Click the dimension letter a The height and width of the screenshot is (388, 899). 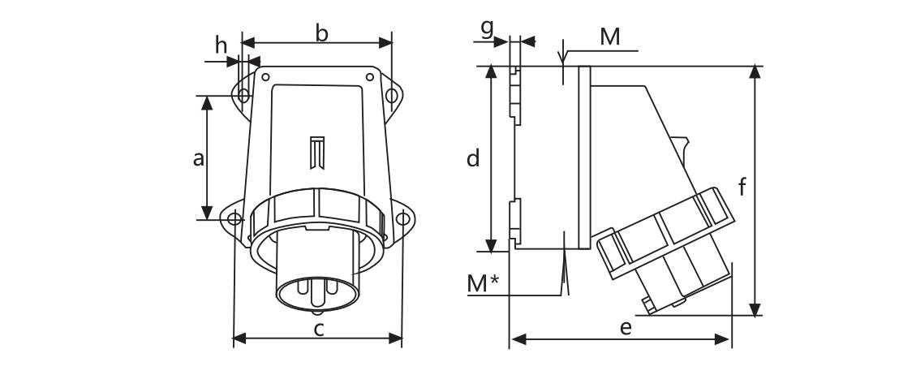[x=198, y=159]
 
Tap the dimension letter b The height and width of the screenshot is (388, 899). [x=322, y=35]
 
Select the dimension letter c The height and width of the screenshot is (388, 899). [x=320, y=329]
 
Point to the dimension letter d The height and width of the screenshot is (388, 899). [x=474, y=158]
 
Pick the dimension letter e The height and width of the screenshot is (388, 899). [x=625, y=327]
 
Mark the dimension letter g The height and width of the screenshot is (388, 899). [x=487, y=28]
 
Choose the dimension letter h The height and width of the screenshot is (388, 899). [x=222, y=46]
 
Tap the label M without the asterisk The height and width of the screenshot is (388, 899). [x=609, y=37]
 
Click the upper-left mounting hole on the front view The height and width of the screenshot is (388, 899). [x=243, y=96]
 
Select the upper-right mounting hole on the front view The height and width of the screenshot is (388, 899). [x=390, y=96]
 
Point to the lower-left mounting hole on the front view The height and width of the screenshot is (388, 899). [x=234, y=218]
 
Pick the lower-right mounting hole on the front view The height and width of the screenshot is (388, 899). [x=402, y=218]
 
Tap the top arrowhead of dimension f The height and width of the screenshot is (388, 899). [x=755, y=72]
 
